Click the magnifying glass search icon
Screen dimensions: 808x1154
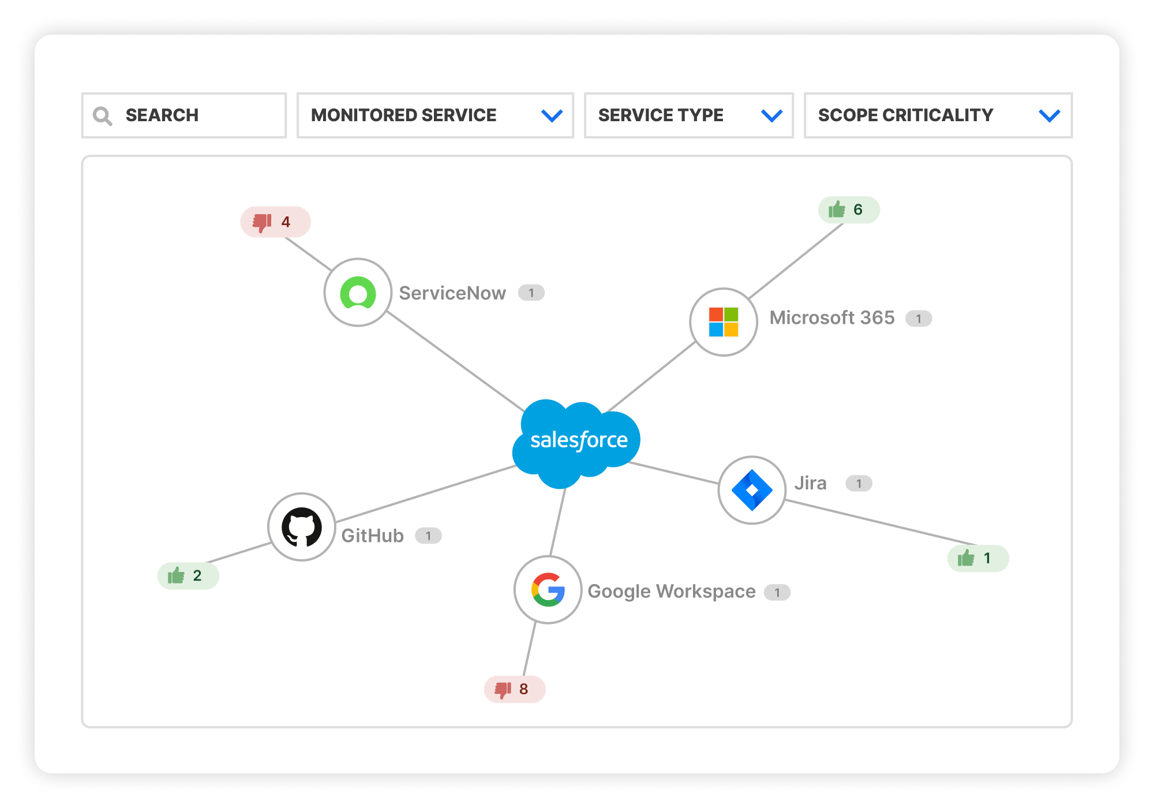(103, 116)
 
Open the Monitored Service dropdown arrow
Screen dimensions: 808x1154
(552, 116)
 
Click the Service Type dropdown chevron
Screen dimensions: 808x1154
(771, 116)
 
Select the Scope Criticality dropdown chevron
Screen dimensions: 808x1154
(1049, 116)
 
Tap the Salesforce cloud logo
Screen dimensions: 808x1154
(577, 442)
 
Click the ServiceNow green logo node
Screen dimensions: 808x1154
(358, 293)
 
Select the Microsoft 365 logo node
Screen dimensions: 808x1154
(724, 322)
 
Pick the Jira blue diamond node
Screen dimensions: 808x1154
(752, 490)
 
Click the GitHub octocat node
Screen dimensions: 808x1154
(302, 527)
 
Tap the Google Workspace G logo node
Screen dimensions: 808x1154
(548, 590)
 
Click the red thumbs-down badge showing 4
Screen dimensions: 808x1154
(275, 222)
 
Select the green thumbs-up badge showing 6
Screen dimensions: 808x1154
(849, 210)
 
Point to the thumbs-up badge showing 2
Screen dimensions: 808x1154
(188, 575)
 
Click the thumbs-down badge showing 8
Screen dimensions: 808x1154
(514, 689)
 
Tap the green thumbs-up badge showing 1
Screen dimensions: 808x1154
(978, 558)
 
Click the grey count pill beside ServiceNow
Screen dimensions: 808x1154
(531, 293)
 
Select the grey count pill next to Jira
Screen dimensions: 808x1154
(859, 484)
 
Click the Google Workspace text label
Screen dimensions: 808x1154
(672, 592)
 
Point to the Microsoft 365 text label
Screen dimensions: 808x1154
(832, 317)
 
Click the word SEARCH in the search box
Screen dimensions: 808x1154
(162, 115)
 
